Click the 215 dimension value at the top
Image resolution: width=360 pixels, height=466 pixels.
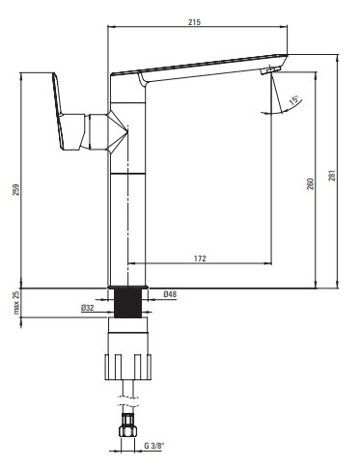click(x=194, y=22)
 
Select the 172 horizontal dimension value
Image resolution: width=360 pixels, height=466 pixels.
click(x=200, y=259)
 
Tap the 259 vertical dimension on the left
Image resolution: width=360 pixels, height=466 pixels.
click(x=16, y=189)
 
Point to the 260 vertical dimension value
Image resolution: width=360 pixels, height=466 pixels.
click(x=310, y=183)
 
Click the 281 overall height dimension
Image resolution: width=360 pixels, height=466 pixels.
click(x=332, y=176)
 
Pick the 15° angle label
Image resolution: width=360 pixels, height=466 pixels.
click(x=293, y=99)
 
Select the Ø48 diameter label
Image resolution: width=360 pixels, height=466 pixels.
click(x=170, y=294)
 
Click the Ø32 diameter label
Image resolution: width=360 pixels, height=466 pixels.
click(x=88, y=308)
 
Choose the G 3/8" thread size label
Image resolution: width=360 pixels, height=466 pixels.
click(x=154, y=446)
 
